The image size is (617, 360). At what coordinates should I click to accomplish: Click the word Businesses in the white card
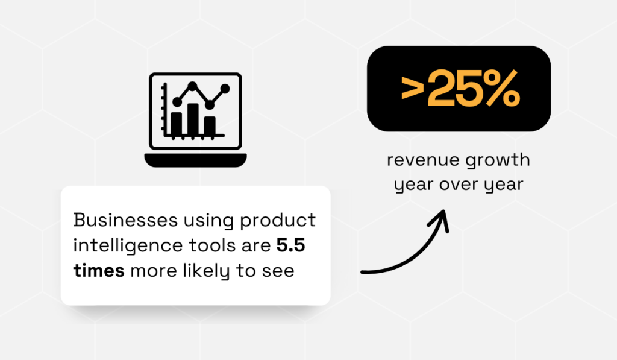click(x=125, y=219)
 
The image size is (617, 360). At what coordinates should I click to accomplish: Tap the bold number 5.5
click(x=291, y=245)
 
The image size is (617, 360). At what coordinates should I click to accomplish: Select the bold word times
click(x=99, y=271)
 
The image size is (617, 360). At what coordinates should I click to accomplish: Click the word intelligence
click(x=128, y=246)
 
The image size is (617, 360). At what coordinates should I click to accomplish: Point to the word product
click(x=278, y=221)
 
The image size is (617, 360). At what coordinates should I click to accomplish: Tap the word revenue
click(x=423, y=160)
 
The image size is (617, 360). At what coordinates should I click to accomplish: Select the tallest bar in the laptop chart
click(x=193, y=120)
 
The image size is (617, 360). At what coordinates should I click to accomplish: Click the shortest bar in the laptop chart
click(x=210, y=126)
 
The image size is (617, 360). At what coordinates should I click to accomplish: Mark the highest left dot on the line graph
click(x=192, y=86)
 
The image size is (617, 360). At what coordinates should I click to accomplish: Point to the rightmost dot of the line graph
click(x=225, y=89)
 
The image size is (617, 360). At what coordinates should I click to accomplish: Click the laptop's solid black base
click(x=196, y=160)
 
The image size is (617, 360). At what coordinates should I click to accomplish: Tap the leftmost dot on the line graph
click(x=177, y=102)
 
